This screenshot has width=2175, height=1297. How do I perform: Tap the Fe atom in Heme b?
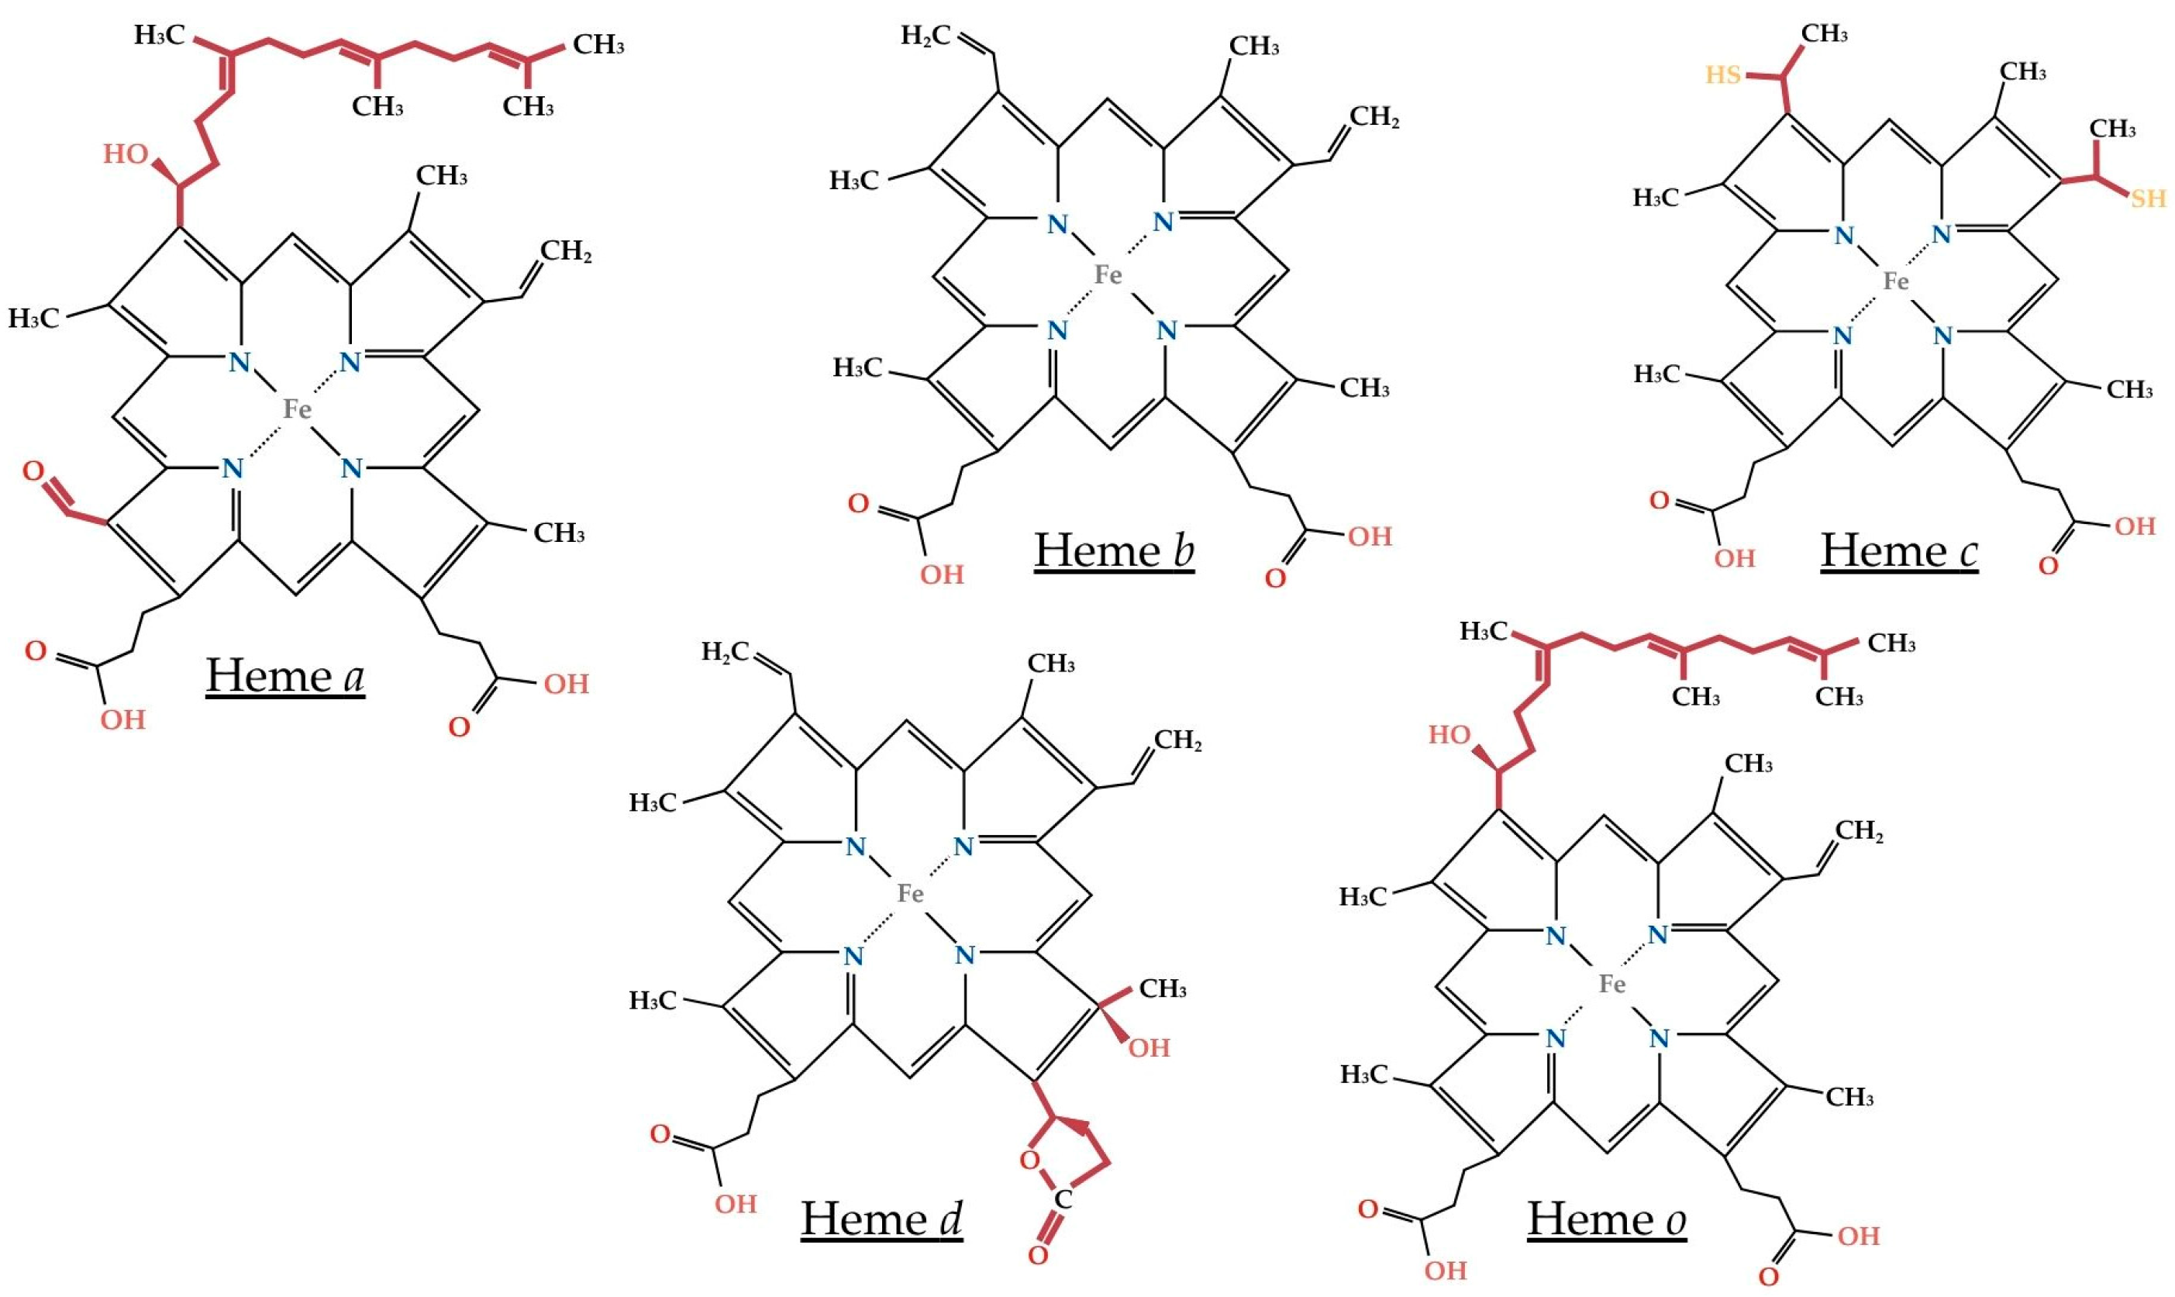(1108, 275)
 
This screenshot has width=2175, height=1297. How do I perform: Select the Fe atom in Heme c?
(1895, 281)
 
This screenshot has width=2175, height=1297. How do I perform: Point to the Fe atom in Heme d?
(911, 893)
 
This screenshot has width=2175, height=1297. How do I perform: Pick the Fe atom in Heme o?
(1612, 984)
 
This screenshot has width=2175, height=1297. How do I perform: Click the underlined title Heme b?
(1114, 550)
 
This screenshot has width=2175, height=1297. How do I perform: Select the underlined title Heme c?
(1899, 550)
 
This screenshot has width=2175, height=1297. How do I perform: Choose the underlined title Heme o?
(1606, 1219)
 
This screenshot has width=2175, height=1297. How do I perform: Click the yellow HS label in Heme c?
(1723, 75)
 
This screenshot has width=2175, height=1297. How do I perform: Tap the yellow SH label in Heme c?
(2148, 199)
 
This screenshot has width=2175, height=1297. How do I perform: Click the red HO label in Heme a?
(125, 155)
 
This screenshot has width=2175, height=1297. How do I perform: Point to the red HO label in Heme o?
(1449, 735)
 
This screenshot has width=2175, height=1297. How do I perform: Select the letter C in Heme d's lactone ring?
(1063, 1199)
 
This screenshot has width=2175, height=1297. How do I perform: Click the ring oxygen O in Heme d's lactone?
(1029, 1161)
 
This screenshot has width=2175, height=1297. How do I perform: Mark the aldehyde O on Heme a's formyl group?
(33, 472)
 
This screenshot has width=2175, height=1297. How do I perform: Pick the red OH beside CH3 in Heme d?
(1149, 1048)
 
